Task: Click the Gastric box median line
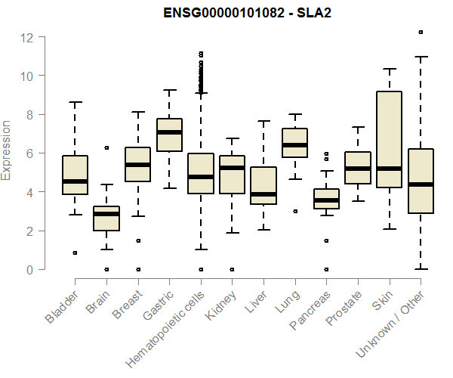tap(169, 132)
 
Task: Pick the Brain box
tap(106, 218)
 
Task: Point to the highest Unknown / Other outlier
tap(421, 32)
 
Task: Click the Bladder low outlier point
tap(75, 253)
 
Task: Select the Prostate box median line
tap(358, 169)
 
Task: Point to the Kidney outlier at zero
tap(232, 269)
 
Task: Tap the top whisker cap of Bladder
tap(75, 102)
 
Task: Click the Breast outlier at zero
tap(137, 269)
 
